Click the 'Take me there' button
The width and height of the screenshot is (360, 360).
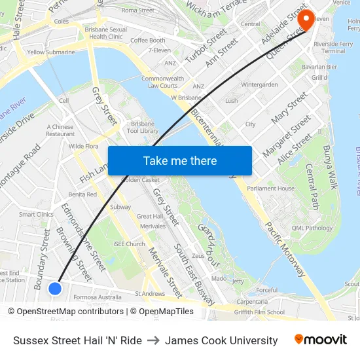[179, 160]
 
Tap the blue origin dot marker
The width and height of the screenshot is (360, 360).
[55, 288]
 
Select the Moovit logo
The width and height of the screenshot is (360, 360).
[321, 340]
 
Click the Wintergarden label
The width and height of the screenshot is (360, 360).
[260, 85]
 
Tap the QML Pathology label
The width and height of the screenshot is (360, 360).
[313, 228]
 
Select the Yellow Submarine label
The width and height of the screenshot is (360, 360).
[51, 52]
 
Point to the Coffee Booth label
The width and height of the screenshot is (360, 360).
[148, 40]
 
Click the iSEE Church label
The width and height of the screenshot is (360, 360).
[129, 243]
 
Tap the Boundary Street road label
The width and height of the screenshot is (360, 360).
[42, 259]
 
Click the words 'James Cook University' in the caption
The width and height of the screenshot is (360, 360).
[221, 340]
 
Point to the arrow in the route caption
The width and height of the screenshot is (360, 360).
[153, 340]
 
